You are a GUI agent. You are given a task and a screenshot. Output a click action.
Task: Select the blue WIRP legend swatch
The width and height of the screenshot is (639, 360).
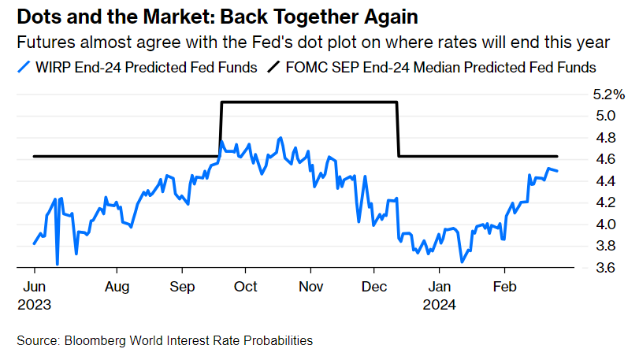click(x=24, y=68)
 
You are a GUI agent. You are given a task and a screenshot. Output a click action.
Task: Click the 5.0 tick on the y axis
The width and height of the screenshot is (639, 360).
click(x=604, y=116)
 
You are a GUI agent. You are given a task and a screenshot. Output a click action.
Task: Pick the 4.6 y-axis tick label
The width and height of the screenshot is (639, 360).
click(x=604, y=159)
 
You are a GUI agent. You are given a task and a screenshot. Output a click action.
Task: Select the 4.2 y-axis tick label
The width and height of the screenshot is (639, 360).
click(x=604, y=202)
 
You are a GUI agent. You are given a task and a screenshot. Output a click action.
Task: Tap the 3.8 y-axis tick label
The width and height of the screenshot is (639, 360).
click(x=604, y=246)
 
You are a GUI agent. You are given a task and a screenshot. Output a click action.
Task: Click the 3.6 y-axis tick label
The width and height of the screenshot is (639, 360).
click(x=604, y=268)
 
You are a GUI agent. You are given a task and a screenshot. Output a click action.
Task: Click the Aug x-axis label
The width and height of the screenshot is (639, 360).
click(x=117, y=287)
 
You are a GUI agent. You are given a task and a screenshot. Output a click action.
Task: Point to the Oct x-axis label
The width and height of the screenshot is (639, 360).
click(x=247, y=287)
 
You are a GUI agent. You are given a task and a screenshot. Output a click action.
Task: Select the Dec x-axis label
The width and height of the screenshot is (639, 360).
click(x=374, y=287)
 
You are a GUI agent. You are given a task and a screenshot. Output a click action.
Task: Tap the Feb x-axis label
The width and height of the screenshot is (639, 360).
click(x=504, y=287)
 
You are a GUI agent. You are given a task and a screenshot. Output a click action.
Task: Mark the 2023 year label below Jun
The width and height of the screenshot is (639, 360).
click(x=35, y=302)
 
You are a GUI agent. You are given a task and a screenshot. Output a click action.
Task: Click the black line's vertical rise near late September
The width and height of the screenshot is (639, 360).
click(x=221, y=130)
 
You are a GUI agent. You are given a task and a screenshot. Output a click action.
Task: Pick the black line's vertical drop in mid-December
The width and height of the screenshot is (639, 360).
click(x=398, y=130)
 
